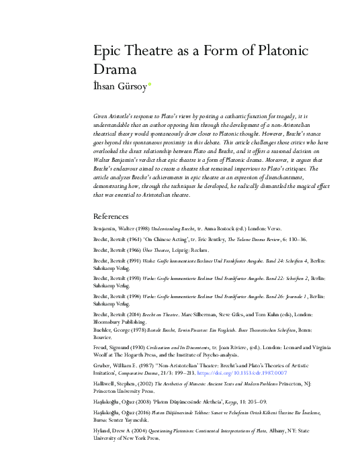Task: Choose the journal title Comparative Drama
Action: click(x=151, y=371)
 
